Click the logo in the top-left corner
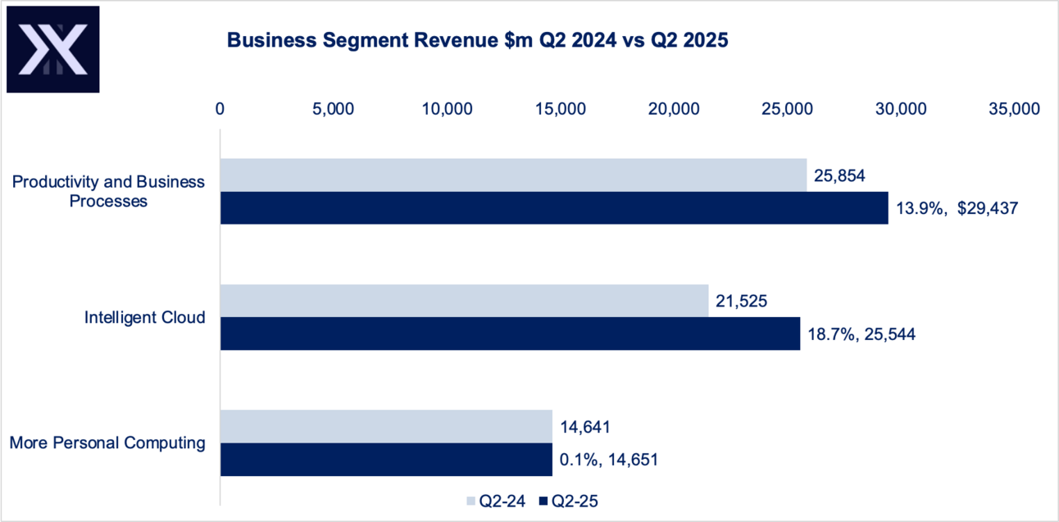53,49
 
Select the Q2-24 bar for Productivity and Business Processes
513,175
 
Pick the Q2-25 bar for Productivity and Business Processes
554,208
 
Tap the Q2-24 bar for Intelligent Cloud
464,301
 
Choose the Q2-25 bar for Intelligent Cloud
510,334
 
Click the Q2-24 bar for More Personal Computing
386,426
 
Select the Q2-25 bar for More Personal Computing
386,460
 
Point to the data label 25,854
840,175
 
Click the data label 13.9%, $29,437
957,209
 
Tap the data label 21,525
741,301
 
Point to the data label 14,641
586,426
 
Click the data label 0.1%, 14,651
609,460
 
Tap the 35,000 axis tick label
1014,109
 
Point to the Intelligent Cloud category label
144,317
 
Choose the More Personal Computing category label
107,443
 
